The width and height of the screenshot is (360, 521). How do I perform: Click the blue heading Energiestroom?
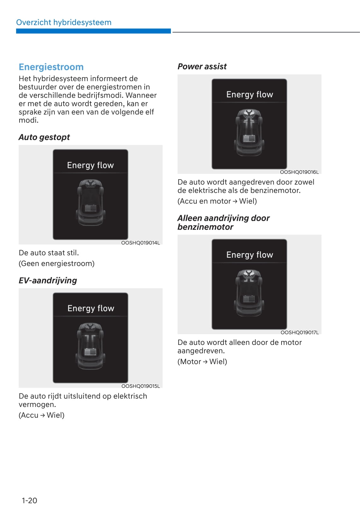click(51, 67)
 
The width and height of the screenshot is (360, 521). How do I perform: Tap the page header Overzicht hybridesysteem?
click(64, 22)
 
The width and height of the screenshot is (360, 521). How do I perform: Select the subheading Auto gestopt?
click(44, 137)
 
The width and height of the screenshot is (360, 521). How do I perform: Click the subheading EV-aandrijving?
click(48, 280)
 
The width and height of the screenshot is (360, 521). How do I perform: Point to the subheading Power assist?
click(202, 66)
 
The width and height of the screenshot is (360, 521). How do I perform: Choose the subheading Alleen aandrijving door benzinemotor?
click(223, 222)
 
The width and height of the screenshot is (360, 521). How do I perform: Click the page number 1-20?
click(29, 501)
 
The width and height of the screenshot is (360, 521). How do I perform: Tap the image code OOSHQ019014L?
click(141, 243)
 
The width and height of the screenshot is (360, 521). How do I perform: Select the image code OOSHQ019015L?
click(141, 386)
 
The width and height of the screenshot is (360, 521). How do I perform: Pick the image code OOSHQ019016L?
click(299, 172)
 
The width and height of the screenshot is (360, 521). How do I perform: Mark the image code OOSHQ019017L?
click(299, 333)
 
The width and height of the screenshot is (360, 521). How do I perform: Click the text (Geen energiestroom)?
click(57, 264)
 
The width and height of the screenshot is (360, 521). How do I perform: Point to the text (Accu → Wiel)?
click(42, 415)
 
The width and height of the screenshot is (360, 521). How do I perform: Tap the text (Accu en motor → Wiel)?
click(217, 201)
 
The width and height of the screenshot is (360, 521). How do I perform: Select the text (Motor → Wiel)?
click(202, 362)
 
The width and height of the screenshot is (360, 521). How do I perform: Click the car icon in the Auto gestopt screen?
click(90, 202)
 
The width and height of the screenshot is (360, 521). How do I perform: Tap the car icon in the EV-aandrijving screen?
click(90, 345)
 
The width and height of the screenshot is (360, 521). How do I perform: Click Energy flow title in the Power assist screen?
click(250, 94)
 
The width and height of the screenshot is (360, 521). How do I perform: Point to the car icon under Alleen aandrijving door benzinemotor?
click(249, 292)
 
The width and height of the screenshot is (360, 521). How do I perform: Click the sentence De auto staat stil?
click(49, 253)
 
